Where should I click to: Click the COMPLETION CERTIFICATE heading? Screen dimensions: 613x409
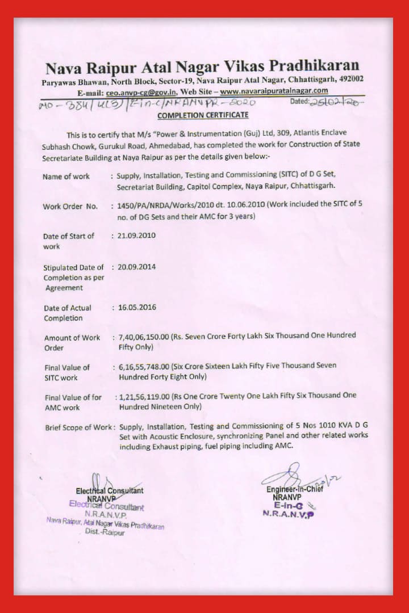pos(203,115)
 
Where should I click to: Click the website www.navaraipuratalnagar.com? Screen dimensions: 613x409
pos(274,91)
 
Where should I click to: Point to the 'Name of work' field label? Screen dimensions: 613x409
pos(66,177)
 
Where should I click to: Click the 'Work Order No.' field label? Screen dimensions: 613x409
pos(70,207)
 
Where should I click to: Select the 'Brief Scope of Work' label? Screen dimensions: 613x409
pos(79,427)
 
